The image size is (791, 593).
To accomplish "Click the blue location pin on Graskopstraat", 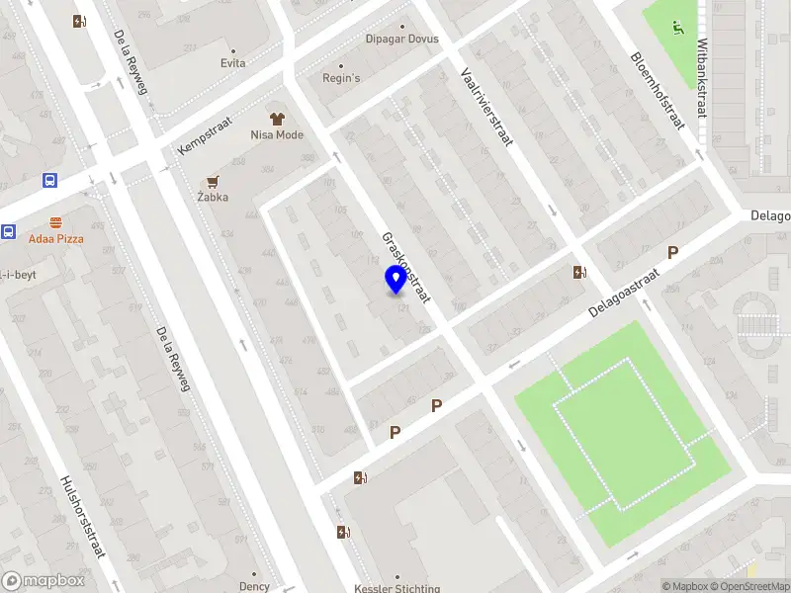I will point(396,279).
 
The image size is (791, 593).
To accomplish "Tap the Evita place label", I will point(233,63).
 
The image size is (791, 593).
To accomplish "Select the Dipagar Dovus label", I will point(402,40).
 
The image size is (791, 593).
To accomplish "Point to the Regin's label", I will point(341,78).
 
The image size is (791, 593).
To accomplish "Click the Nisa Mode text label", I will point(277,134).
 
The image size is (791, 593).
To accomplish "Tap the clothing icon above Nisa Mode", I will point(277,119).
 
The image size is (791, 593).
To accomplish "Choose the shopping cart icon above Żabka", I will point(213,181).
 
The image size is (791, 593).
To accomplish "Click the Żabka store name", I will point(213,197).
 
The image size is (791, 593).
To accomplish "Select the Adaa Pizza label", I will point(55,239).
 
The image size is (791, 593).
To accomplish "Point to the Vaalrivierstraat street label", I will point(486,107).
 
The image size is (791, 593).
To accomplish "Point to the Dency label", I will point(254,586).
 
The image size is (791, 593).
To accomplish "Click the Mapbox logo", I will point(44,581).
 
